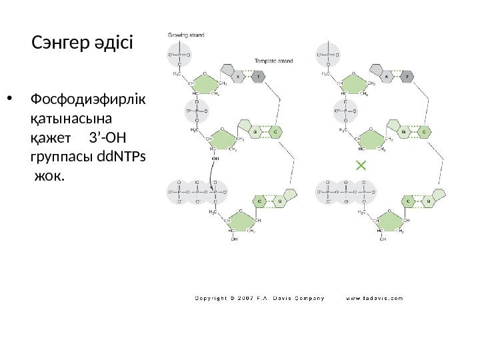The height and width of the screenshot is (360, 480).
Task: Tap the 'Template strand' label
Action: coord(275,61)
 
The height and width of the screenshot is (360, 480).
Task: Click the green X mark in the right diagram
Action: coord(361,164)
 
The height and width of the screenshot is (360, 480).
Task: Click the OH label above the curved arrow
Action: coord(215,159)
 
